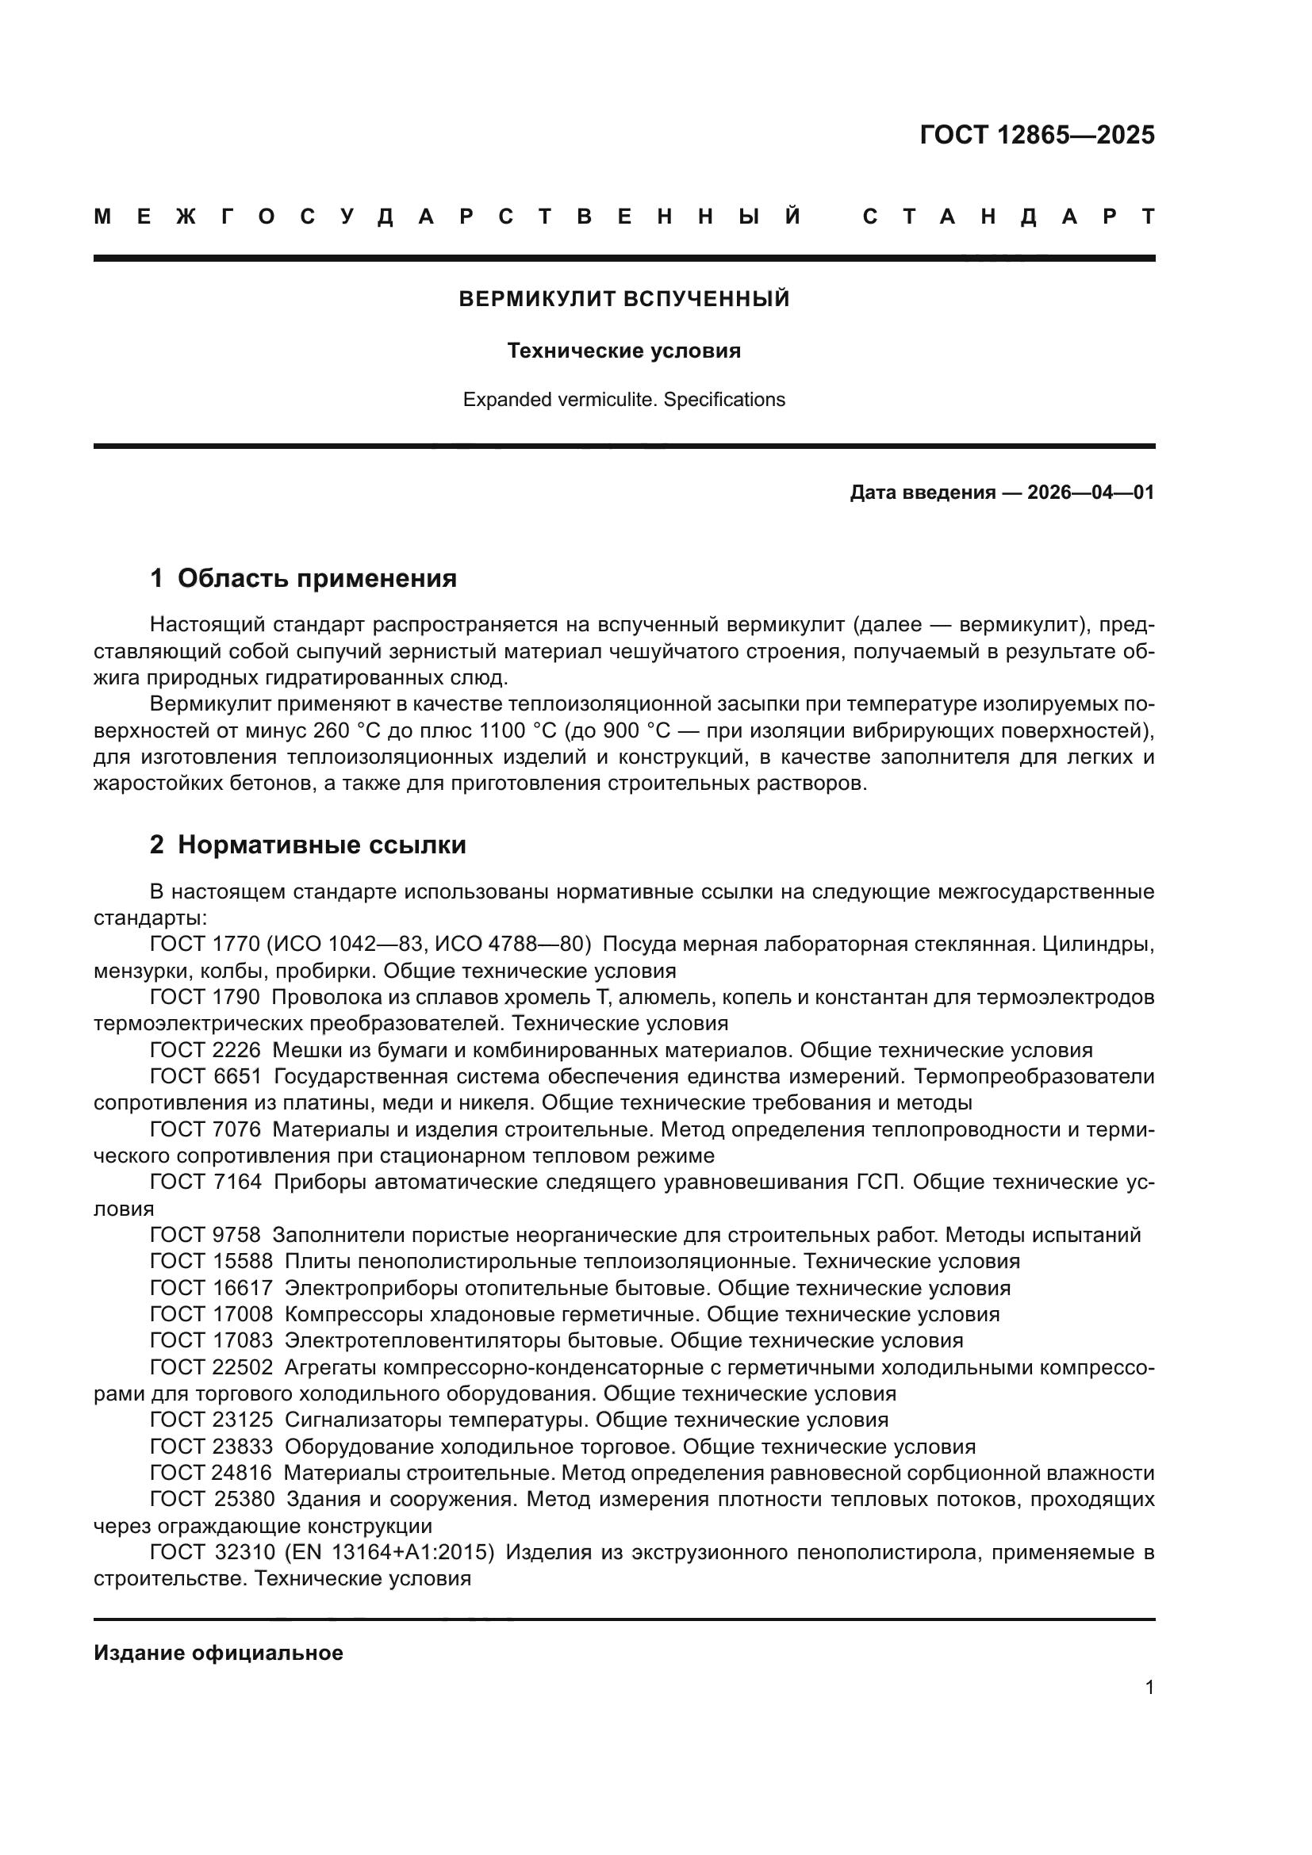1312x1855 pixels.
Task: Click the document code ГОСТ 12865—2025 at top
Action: (x=1037, y=135)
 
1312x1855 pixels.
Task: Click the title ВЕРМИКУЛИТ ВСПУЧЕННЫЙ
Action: (x=623, y=299)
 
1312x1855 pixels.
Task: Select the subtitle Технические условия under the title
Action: (x=623, y=351)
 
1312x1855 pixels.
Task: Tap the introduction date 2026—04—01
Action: (x=1090, y=492)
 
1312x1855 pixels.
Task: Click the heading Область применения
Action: (x=316, y=578)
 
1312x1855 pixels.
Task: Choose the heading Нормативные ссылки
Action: (x=321, y=845)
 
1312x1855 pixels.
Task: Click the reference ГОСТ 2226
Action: (x=205, y=1050)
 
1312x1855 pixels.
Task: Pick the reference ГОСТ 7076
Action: (x=205, y=1129)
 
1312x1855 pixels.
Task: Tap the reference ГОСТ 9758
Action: (x=205, y=1235)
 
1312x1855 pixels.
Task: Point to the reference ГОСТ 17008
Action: (x=211, y=1313)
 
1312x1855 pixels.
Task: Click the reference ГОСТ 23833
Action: (x=211, y=1447)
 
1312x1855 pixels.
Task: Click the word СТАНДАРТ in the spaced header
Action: (x=1008, y=217)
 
